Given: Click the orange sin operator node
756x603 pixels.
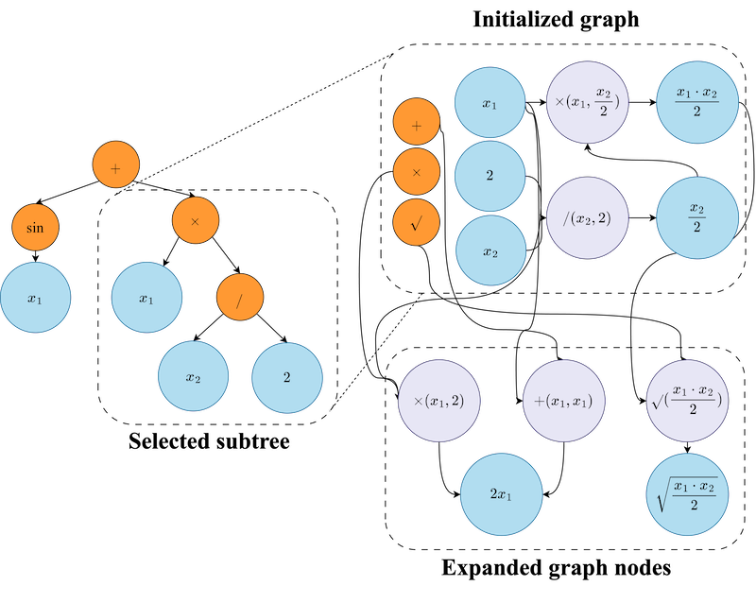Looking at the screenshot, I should coord(35,228).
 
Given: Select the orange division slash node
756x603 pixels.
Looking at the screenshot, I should coord(240,298).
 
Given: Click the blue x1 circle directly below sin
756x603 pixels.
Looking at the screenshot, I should coord(35,299).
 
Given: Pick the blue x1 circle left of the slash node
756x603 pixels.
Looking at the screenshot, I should coord(146,299).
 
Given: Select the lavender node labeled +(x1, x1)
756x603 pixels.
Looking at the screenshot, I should coord(563,400).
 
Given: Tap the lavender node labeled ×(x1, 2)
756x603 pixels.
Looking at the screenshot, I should coord(438,400).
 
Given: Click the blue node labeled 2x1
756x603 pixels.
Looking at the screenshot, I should coord(501,494).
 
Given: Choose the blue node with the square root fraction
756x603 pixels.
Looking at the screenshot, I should coord(688,494).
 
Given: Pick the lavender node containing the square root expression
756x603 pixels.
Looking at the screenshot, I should coord(688,400).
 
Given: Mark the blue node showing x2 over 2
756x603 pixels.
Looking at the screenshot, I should coord(697,218).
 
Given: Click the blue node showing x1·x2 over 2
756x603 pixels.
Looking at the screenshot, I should coord(697,103).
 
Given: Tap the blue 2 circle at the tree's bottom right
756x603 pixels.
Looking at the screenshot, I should coord(287,376).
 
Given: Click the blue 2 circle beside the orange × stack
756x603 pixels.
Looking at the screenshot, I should coord(490,177).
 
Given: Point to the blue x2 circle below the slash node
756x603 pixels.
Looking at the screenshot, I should coord(194,376).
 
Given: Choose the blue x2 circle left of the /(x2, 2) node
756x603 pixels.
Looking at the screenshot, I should coord(490,250).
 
